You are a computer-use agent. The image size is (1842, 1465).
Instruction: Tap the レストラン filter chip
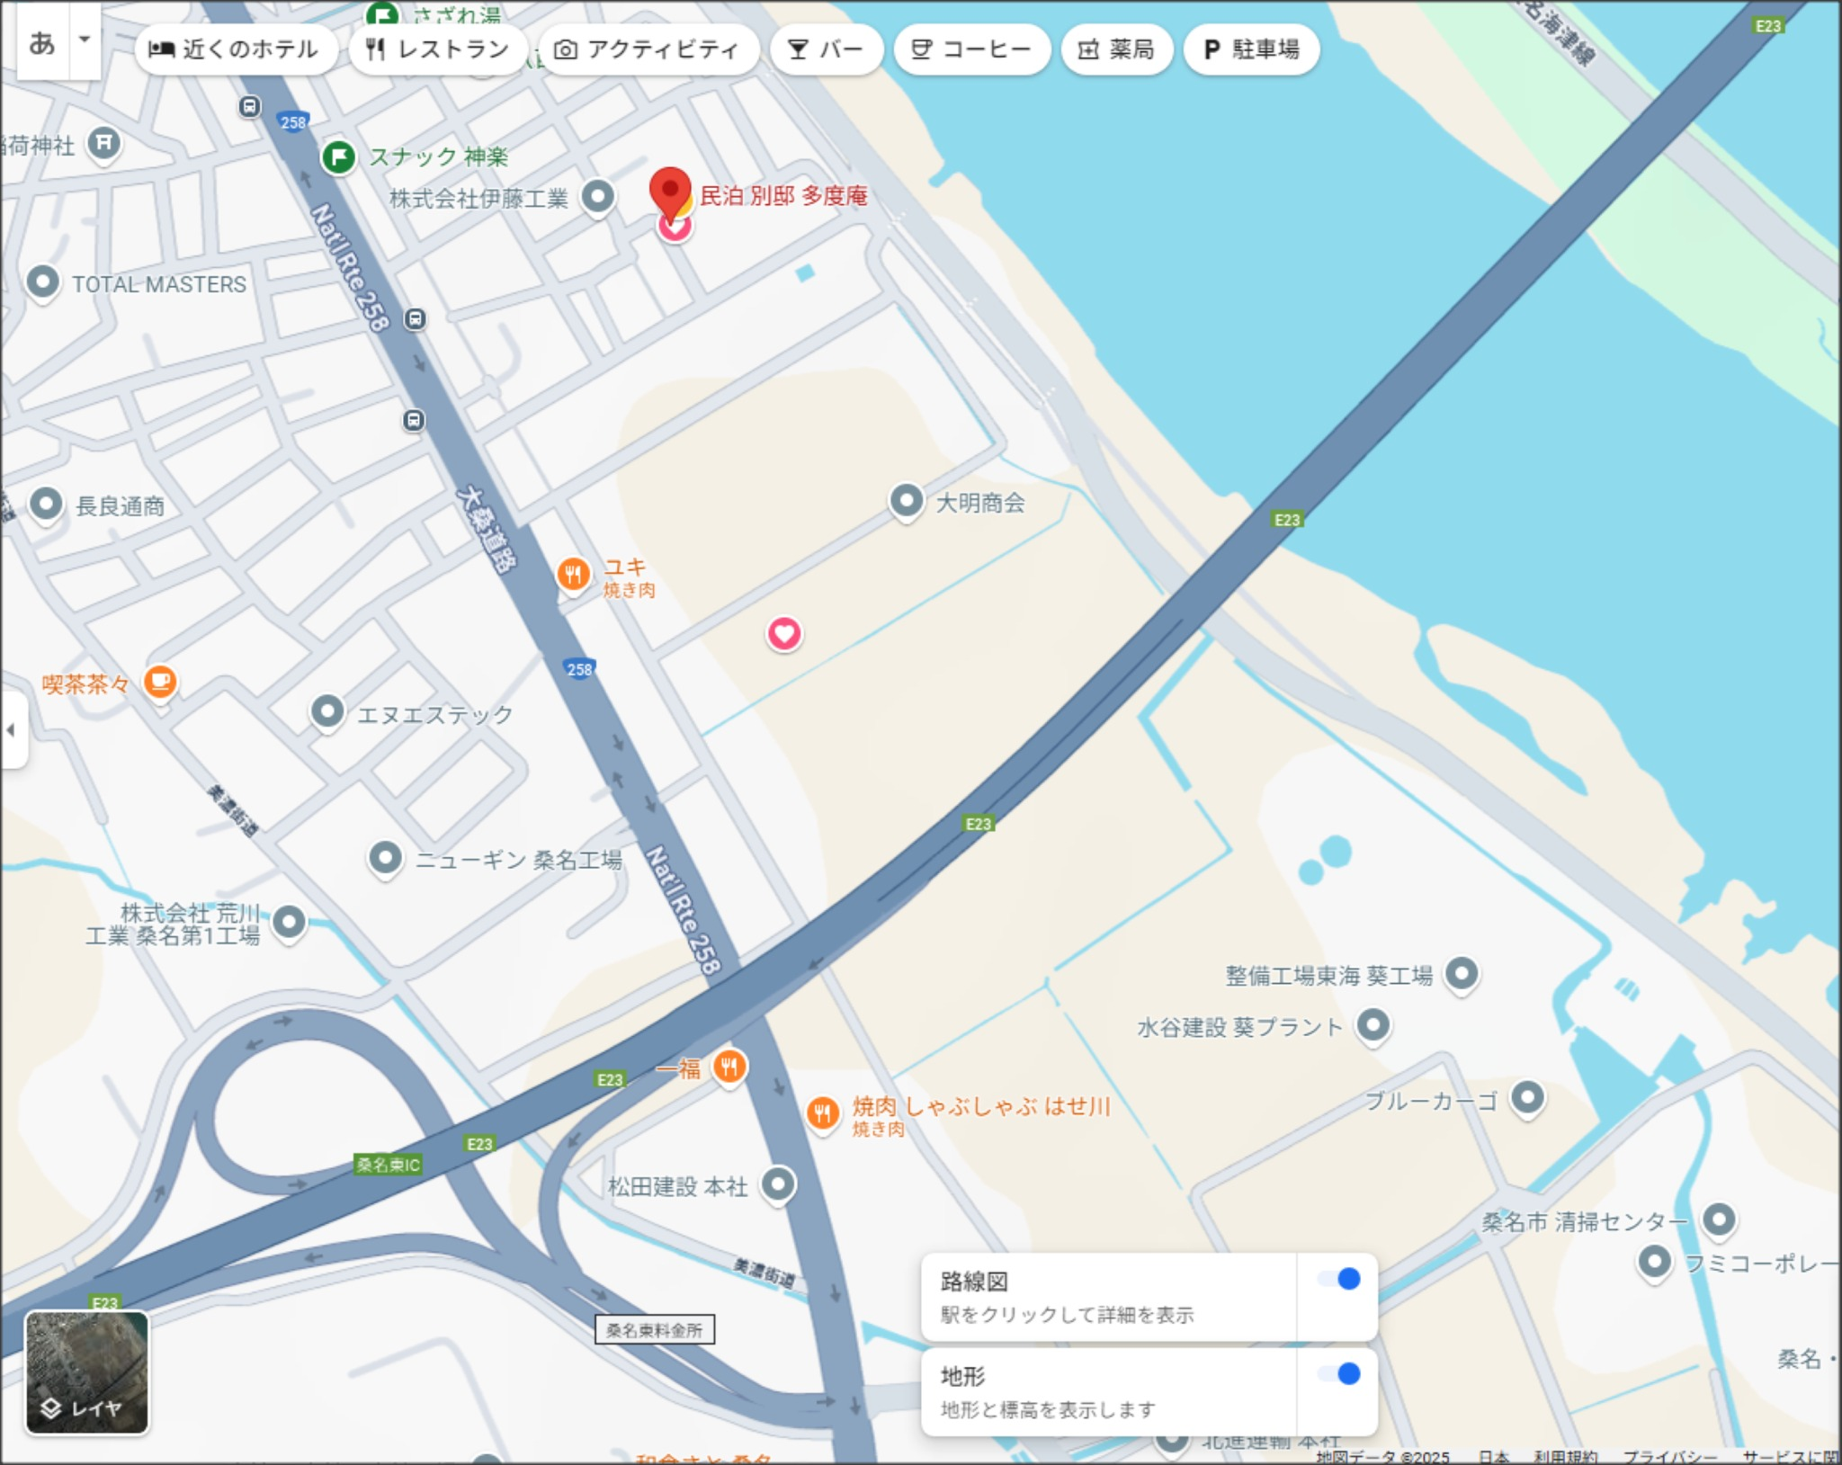tap(438, 49)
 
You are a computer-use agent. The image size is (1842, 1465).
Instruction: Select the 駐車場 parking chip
tap(1251, 49)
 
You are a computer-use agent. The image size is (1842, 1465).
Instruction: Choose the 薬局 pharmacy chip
tap(1116, 49)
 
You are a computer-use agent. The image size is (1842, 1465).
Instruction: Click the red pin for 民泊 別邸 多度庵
tap(670, 190)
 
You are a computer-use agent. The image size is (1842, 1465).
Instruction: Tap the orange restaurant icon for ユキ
tap(573, 573)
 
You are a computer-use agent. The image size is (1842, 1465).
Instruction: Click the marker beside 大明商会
tap(907, 499)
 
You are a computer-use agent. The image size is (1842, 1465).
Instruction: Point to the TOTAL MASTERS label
tap(158, 284)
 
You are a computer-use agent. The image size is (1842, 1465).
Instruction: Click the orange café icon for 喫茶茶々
tap(160, 681)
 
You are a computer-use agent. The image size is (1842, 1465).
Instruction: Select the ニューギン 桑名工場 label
tap(518, 860)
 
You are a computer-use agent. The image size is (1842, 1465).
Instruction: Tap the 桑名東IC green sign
tap(388, 1165)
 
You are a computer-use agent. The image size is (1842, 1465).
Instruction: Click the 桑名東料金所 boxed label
tap(654, 1329)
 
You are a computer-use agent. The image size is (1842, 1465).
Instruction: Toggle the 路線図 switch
tap(1339, 1280)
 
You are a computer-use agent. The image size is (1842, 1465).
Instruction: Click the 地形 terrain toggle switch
tap(1339, 1374)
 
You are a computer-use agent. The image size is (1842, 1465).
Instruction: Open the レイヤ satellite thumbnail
tap(86, 1371)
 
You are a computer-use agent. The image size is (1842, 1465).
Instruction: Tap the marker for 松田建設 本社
tap(778, 1184)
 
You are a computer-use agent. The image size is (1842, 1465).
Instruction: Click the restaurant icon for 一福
tap(729, 1067)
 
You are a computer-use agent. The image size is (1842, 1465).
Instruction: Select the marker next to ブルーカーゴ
tap(1527, 1096)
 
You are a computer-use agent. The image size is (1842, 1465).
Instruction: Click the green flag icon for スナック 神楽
tap(339, 157)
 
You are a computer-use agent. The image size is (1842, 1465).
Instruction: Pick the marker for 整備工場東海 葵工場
tap(1462, 972)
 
